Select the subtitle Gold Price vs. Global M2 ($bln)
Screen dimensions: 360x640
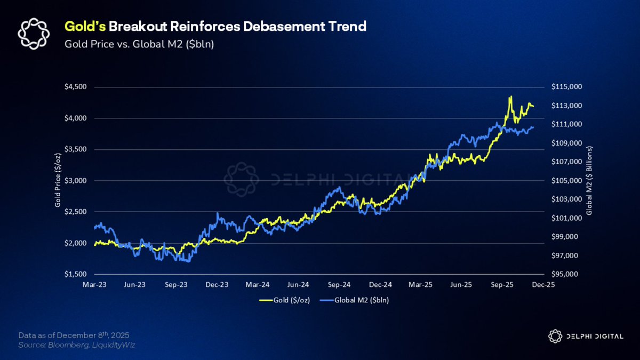coord(139,44)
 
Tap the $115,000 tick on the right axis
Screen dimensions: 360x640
coord(567,87)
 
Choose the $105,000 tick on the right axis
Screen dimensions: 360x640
coord(567,180)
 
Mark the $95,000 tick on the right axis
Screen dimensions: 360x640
coord(566,274)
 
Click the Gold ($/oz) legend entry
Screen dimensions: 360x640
coord(285,300)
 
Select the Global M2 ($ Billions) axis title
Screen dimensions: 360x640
coord(589,180)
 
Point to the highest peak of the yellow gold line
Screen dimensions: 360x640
coord(511,97)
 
